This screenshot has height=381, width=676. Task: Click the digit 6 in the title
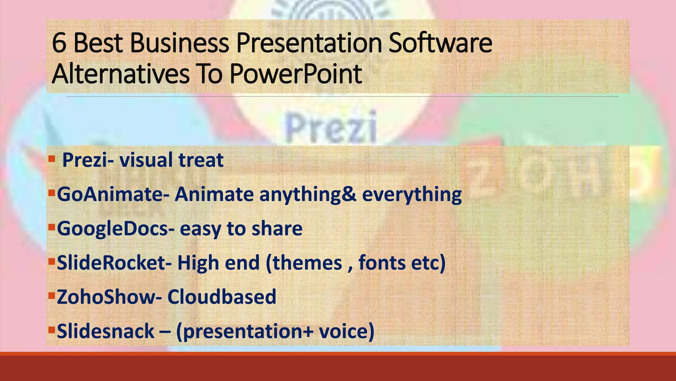[x=59, y=43]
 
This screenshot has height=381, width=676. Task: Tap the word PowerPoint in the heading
[x=296, y=74]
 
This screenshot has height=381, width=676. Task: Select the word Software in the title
[x=440, y=43]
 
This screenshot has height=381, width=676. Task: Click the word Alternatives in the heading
[x=121, y=74]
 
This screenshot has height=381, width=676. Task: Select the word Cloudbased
[x=221, y=297]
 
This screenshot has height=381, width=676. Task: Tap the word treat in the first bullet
[x=201, y=160]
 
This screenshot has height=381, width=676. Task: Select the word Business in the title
[x=179, y=43]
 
